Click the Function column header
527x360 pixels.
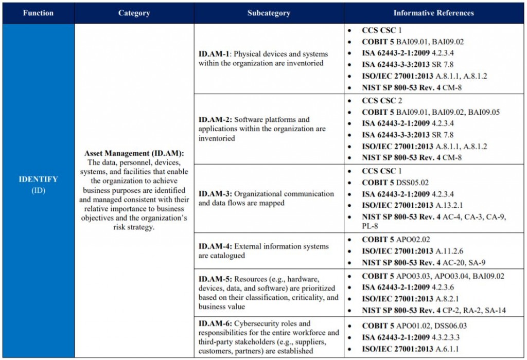[x=38, y=13]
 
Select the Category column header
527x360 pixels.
[x=134, y=13]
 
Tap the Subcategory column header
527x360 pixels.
[x=269, y=13]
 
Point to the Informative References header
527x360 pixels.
[x=433, y=13]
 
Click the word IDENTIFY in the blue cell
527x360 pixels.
[x=38, y=179]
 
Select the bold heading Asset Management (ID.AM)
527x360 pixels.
[x=134, y=153]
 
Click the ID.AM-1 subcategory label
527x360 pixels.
[x=215, y=54]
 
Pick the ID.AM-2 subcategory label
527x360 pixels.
[x=215, y=120]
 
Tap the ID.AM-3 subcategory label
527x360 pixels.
[x=215, y=194]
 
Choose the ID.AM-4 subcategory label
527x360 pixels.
[x=215, y=246]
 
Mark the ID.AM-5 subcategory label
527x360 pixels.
[x=215, y=279]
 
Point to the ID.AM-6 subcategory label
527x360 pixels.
[x=215, y=323]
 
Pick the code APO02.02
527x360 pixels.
[x=414, y=240]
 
